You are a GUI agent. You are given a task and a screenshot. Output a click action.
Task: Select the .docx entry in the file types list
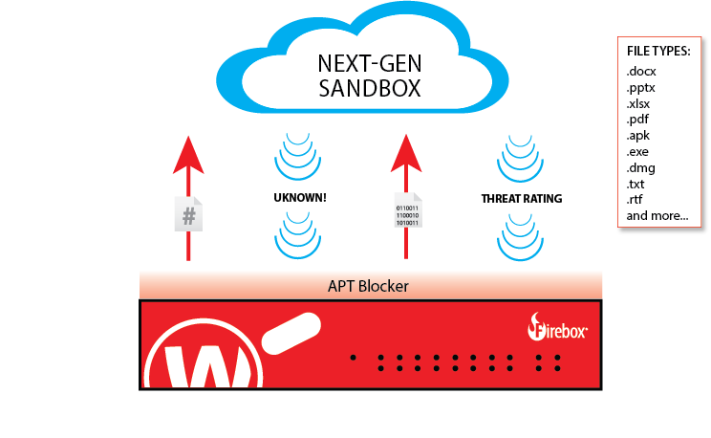(x=641, y=72)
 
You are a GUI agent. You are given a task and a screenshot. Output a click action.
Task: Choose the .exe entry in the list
(x=637, y=152)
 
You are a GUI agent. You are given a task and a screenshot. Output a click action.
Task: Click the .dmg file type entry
(x=639, y=167)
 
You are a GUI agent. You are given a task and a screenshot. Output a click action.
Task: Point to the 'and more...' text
(x=657, y=216)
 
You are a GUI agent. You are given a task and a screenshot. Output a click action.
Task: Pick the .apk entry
(x=637, y=136)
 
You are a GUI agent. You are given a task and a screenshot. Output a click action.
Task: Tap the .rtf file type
(x=635, y=200)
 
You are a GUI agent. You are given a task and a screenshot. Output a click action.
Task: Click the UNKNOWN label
(x=300, y=198)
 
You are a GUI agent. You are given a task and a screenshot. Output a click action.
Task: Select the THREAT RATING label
(x=521, y=199)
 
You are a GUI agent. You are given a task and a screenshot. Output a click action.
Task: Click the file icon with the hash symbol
(x=189, y=214)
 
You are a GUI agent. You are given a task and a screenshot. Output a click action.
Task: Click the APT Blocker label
(x=370, y=285)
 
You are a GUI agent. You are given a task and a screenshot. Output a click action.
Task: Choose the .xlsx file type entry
(x=638, y=103)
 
